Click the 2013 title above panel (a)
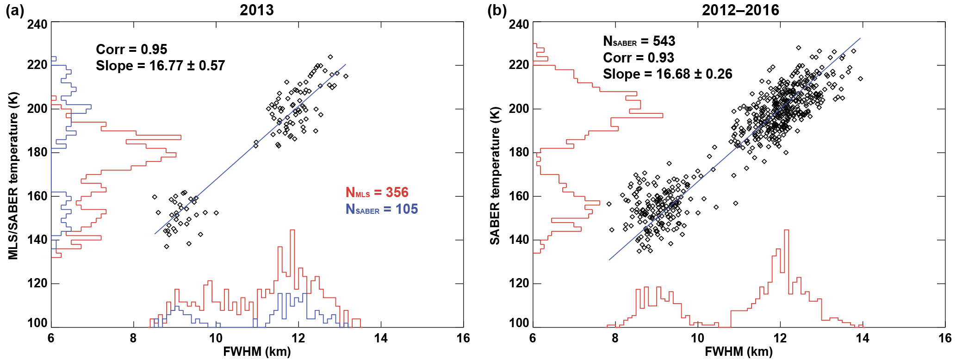pyautogui.click(x=256, y=10)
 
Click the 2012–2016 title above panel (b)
pyautogui.click(x=740, y=10)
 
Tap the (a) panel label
pyautogui.click(x=15, y=10)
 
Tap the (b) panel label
pyautogui.click(x=497, y=10)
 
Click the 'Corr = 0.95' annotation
pyautogui.click(x=131, y=49)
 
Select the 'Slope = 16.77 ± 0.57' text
pyautogui.click(x=160, y=66)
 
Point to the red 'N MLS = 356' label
pyautogui.click(x=377, y=192)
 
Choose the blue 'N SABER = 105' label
pyautogui.click(x=382, y=209)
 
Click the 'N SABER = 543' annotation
pyautogui.click(x=639, y=41)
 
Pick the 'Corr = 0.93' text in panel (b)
pyautogui.click(x=639, y=58)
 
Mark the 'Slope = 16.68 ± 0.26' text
pyautogui.click(x=667, y=74)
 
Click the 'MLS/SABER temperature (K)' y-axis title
pyautogui.click(x=13, y=176)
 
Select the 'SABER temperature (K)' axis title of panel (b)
pyautogui.click(x=495, y=176)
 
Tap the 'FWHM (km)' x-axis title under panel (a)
pyautogui.click(x=257, y=352)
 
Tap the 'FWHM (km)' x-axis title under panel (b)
pyautogui.click(x=739, y=352)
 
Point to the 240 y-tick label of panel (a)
pyautogui.click(x=37, y=24)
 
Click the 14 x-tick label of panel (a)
pyautogui.click(x=381, y=338)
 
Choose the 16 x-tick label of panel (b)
pyautogui.click(x=944, y=338)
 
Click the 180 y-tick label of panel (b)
pyautogui.click(x=519, y=152)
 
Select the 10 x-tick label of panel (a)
pyautogui.click(x=216, y=338)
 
